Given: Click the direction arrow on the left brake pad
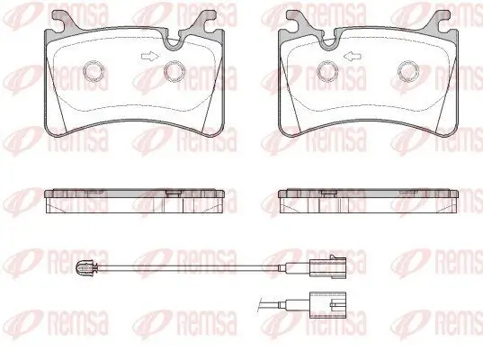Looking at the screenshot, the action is click(150, 56).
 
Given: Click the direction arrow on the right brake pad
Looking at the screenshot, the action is click(353, 56).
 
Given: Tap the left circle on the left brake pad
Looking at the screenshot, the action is click(94, 71).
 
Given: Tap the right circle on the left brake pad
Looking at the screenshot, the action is click(174, 71).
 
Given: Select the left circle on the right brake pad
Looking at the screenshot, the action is click(327, 71).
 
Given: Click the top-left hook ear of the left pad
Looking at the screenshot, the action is click(64, 19).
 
